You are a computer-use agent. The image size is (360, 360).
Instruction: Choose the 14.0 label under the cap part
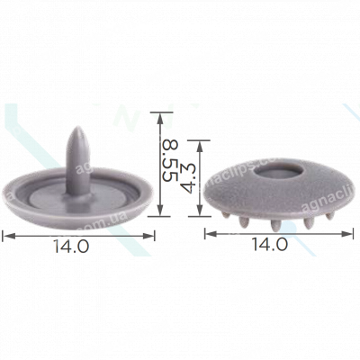click(270, 245)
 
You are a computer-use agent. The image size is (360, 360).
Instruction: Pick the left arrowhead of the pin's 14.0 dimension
click(8, 235)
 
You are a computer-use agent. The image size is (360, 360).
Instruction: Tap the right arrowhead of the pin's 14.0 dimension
click(152, 235)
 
